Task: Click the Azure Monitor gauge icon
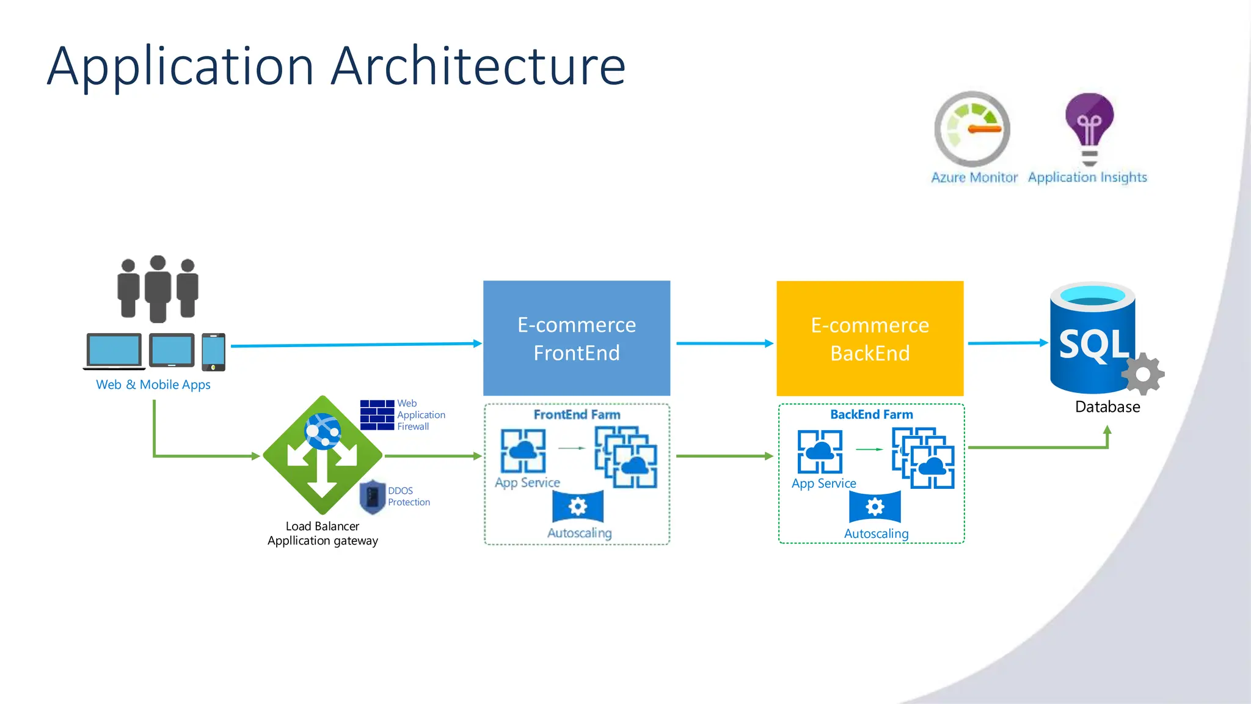972,130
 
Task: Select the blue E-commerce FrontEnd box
577,338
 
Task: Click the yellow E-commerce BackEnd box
870,338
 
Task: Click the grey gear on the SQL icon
1143,374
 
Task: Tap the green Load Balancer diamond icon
323,455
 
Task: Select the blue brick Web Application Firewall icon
377,415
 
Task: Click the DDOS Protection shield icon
372,497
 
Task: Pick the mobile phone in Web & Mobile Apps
213,351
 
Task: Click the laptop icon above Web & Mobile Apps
114,351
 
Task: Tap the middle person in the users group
158,289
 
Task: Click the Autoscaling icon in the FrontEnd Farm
578,507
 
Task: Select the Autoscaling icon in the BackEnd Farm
875,507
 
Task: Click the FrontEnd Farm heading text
577,415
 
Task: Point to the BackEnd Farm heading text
872,414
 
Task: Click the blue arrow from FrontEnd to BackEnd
724,343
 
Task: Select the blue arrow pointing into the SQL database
1007,343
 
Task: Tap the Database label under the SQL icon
1107,407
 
